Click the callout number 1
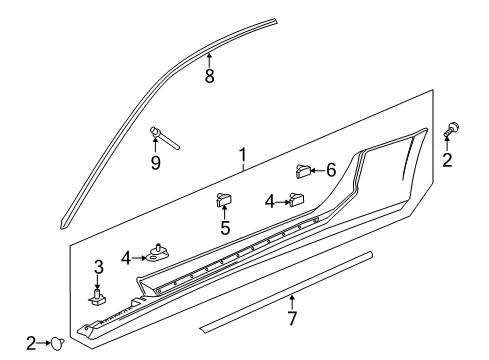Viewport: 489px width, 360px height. point(242,155)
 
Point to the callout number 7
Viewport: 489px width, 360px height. point(291,320)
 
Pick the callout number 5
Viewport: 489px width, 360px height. point(225,228)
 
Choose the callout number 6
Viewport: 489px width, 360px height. point(331,172)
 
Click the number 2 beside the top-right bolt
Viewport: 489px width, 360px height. point(447,160)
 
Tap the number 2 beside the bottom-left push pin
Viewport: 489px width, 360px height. point(31,343)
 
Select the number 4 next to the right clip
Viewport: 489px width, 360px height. point(269,201)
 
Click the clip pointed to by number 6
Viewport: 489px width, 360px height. point(303,172)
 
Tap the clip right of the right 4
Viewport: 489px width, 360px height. point(297,199)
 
